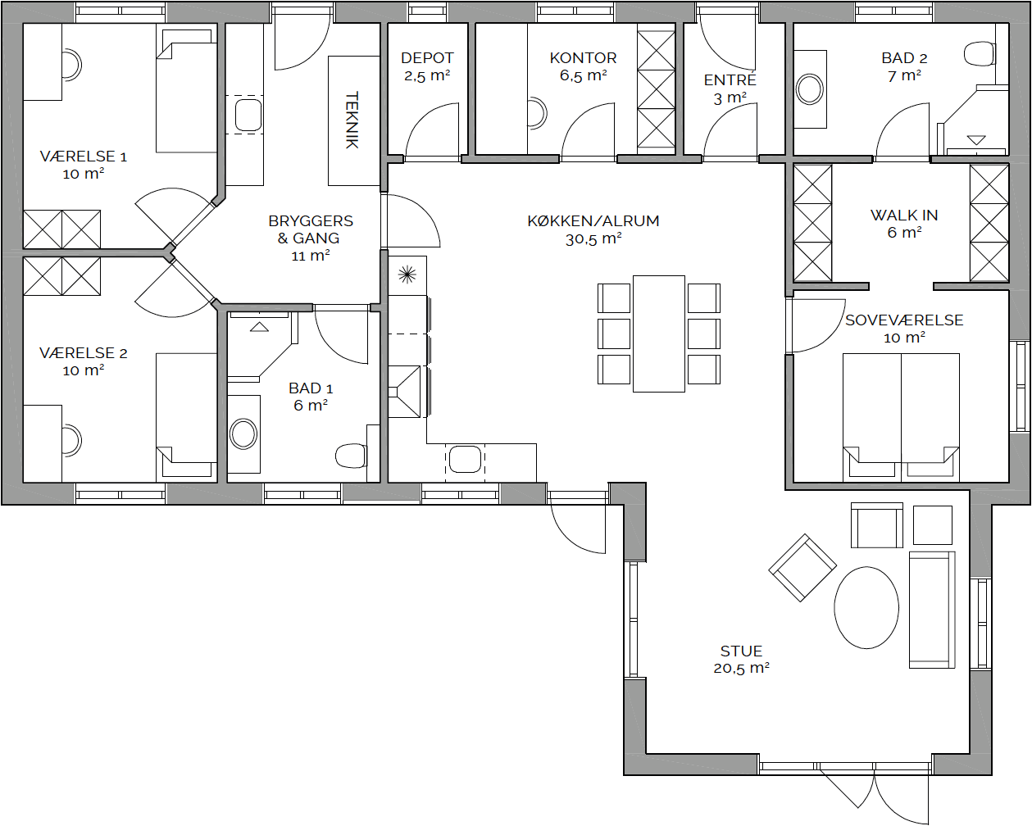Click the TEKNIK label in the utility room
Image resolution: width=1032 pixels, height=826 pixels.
(x=352, y=120)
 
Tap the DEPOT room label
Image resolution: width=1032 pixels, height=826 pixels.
(x=427, y=58)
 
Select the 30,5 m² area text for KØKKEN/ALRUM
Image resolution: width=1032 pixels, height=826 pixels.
(x=593, y=238)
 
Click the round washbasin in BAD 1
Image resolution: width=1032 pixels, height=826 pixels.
(x=243, y=433)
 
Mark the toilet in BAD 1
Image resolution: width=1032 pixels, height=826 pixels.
(x=351, y=456)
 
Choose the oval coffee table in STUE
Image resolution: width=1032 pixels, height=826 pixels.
(x=866, y=607)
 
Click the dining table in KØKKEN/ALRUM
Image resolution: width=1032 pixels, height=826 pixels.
(x=659, y=334)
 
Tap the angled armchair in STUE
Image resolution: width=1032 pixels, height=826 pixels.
(x=802, y=568)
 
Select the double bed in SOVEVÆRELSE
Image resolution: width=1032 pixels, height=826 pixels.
(x=901, y=418)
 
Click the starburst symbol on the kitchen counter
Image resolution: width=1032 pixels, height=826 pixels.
(x=407, y=275)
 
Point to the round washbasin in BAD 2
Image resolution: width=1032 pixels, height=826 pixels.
(x=810, y=89)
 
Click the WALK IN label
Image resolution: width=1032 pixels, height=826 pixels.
(x=904, y=216)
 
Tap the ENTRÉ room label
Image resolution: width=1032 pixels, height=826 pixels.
(x=730, y=79)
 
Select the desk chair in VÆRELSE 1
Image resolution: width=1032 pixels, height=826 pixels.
(x=71, y=64)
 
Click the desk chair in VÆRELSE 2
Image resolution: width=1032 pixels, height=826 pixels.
(x=71, y=441)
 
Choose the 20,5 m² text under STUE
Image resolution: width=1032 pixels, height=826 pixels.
(x=741, y=668)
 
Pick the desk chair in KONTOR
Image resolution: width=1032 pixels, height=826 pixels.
(x=537, y=113)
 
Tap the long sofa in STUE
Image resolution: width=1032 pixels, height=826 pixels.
(x=932, y=610)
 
